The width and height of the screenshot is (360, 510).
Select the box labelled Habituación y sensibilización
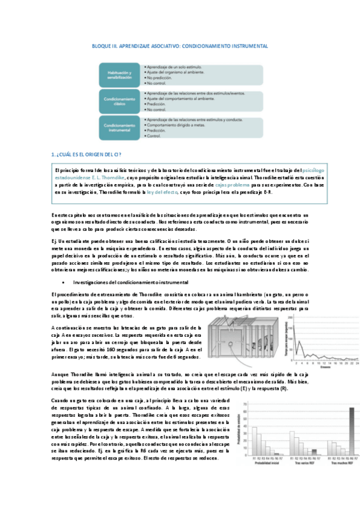(x=120, y=73)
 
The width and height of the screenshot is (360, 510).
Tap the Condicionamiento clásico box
(x=120, y=100)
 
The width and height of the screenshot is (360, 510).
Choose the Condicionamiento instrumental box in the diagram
(x=120, y=126)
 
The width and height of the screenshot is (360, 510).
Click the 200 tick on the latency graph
(x=290, y=318)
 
